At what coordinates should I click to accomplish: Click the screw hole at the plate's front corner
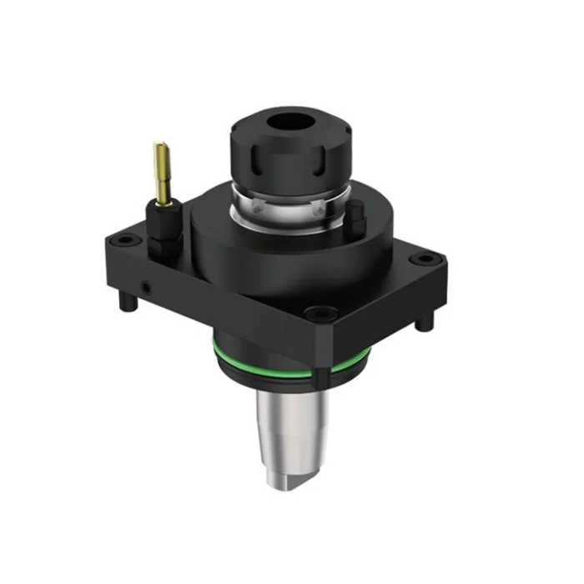click(x=320, y=315)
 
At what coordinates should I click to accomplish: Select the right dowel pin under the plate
click(x=430, y=321)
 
